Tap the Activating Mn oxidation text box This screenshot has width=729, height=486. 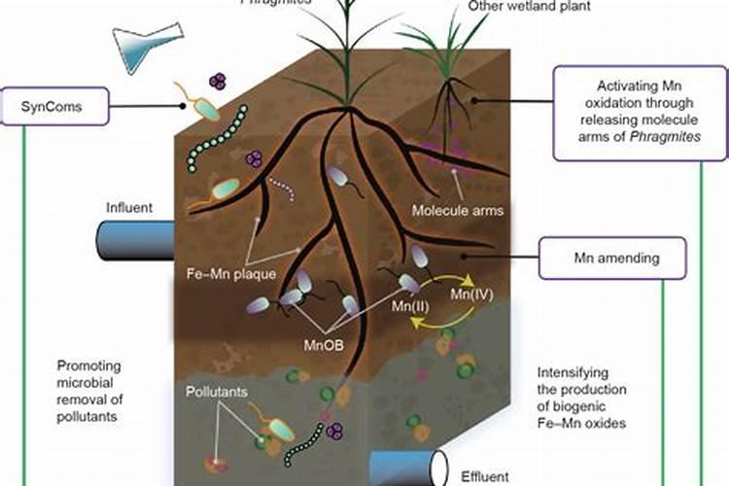click(x=641, y=112)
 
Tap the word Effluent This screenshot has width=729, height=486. click(x=483, y=477)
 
